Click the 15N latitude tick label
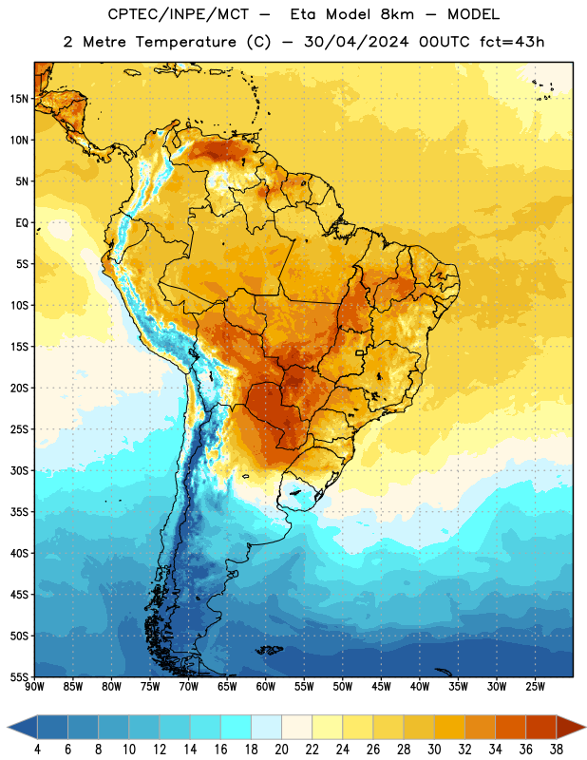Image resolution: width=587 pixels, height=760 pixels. (x=19, y=99)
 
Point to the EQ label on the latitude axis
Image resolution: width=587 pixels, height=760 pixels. (x=22, y=223)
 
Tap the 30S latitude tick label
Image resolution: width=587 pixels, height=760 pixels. (x=19, y=470)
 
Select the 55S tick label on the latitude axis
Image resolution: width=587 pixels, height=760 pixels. (x=19, y=677)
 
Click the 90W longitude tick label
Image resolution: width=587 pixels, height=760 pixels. (x=34, y=687)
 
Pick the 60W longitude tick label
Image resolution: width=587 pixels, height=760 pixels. (x=266, y=687)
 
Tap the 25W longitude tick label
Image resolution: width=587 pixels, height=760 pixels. (x=535, y=687)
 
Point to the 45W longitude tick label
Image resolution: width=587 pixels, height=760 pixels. (x=382, y=687)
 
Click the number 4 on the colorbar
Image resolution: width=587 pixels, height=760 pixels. (x=37, y=750)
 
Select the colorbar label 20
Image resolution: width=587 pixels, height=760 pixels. (x=281, y=750)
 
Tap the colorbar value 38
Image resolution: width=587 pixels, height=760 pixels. (x=557, y=750)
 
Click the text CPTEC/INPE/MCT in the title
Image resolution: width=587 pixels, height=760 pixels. (x=178, y=14)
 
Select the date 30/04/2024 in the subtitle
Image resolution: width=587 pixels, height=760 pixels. (x=356, y=42)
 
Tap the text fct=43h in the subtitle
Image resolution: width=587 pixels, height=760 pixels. (x=512, y=42)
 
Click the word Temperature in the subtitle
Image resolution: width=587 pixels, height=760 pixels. (x=185, y=42)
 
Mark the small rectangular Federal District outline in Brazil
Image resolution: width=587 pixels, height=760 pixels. (x=360, y=352)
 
